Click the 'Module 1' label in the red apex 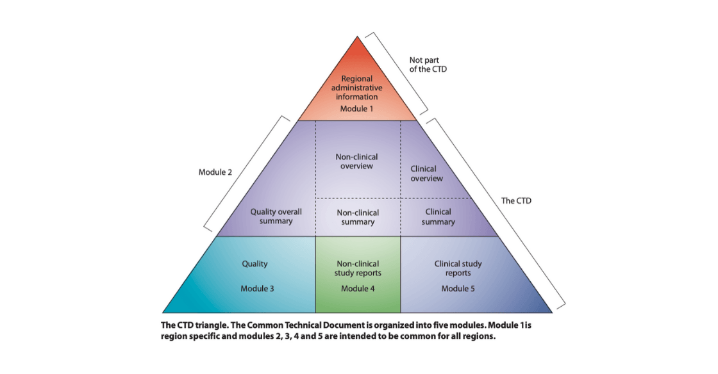[x=357, y=109]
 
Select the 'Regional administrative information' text [x=357, y=88]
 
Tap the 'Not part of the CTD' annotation [x=428, y=65]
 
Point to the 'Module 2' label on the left [x=215, y=173]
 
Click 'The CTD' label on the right [x=516, y=200]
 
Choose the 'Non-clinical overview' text [x=357, y=161]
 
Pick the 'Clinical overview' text [x=426, y=174]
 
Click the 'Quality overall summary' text [x=276, y=216]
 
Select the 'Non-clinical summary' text [x=357, y=217]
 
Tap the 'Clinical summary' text [x=438, y=216]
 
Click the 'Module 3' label [x=257, y=288]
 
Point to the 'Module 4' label [x=357, y=288]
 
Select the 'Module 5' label [x=458, y=288]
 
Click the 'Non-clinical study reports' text [x=357, y=268]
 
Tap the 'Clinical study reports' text [x=458, y=268]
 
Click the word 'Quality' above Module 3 [x=254, y=263]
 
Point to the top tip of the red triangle [x=358, y=38]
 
